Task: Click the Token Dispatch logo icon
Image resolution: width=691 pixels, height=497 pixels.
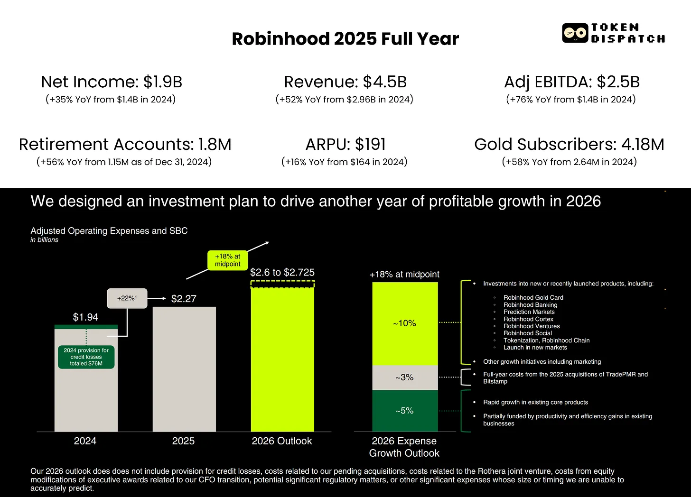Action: point(575,33)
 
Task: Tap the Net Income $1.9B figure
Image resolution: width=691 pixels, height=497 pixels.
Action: point(112,82)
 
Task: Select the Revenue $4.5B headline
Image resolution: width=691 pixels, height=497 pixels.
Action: point(345,82)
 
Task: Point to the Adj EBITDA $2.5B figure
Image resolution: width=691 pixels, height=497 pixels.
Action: point(571,82)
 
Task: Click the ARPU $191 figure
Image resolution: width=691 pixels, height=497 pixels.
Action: point(345,144)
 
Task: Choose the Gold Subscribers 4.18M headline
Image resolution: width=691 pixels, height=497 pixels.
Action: point(569,144)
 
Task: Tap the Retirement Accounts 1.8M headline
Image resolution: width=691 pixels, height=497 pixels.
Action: point(125,144)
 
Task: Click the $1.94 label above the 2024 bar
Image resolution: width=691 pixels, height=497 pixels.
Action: point(85,317)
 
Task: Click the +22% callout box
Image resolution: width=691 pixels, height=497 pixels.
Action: point(127,298)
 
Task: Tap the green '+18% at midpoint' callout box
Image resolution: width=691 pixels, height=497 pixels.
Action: point(228,260)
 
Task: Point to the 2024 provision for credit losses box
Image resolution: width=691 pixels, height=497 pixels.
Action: point(86,357)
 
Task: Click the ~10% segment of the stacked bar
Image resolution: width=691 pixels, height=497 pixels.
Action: point(404,323)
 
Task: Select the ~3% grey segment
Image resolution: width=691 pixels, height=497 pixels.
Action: point(404,377)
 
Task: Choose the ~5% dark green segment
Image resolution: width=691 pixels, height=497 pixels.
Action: point(404,411)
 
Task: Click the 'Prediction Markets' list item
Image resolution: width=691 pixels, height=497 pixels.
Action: point(529,312)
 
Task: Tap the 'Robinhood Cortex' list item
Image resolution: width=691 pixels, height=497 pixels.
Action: point(528,319)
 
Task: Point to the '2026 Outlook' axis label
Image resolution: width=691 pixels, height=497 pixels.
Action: point(282,441)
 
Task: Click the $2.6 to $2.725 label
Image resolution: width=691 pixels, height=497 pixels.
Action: point(282,272)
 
